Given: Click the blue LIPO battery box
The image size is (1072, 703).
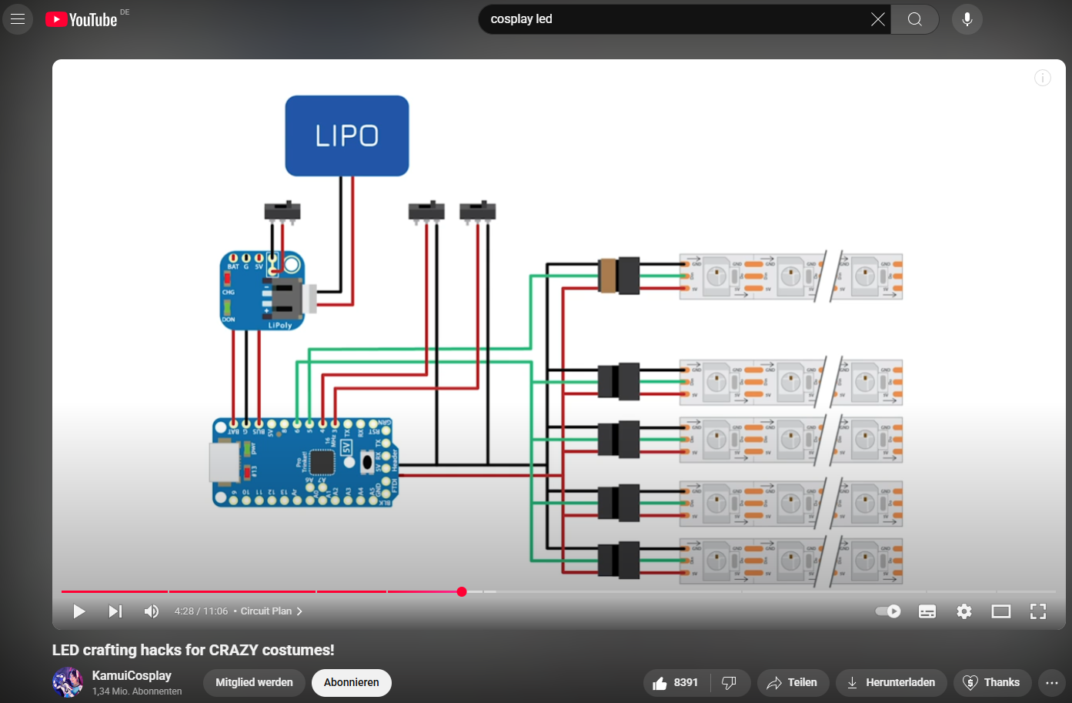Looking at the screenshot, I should coord(346,136).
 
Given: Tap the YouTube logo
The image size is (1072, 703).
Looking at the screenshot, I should coord(82,19).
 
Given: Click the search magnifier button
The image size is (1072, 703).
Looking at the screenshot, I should coord(914,19).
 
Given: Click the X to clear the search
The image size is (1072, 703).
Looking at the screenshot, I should coord(877,19).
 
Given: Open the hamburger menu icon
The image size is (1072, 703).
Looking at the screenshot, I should coord(18,19).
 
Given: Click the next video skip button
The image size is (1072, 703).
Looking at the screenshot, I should coord(115,611).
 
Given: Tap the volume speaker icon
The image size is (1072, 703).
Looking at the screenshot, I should coord(152,611).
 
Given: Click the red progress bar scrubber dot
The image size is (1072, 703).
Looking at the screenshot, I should coord(462,591).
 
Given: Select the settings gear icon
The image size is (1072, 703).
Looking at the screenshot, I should coord(964,611).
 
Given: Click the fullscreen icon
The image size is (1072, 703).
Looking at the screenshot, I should coord(1038,611).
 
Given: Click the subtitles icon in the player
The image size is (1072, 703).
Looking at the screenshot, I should coord(927,611).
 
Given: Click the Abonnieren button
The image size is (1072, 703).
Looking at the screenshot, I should coord(351,682).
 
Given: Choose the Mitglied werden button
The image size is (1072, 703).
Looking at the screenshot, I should coord(254,682).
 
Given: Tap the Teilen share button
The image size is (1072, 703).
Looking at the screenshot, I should coord(793,682).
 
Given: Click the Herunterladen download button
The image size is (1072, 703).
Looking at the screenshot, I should coord(891,682).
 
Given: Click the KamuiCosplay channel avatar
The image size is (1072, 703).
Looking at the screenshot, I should coord(68,682).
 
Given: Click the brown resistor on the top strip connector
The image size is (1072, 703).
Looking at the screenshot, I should coord(608,276).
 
